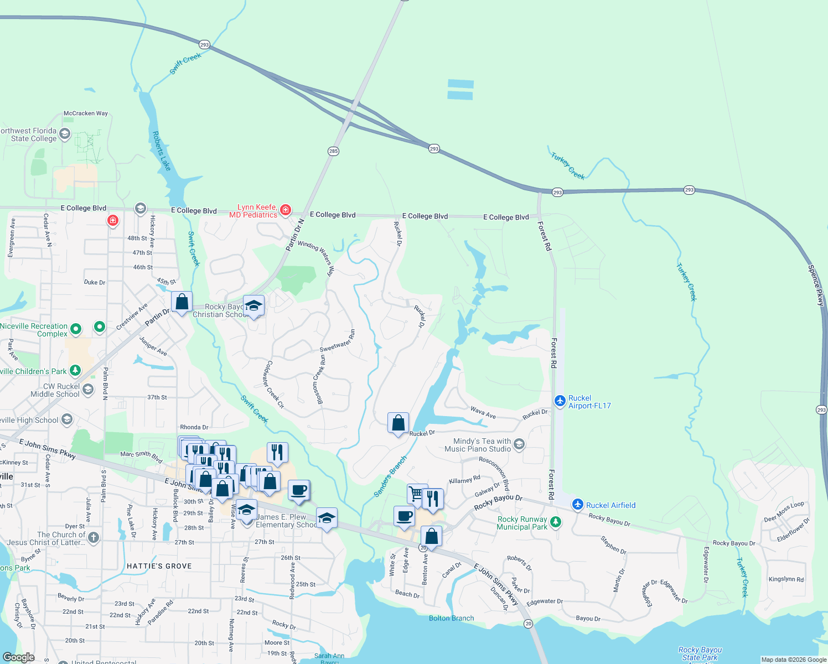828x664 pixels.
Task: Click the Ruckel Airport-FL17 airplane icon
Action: (x=560, y=400)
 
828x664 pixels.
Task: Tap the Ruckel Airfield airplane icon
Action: (x=578, y=504)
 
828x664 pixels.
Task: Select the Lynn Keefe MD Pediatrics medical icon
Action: (x=286, y=210)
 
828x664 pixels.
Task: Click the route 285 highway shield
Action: (x=333, y=151)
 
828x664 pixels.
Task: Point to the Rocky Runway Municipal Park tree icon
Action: (x=556, y=522)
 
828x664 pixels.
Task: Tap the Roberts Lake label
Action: (x=162, y=151)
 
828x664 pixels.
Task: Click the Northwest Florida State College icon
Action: (x=65, y=133)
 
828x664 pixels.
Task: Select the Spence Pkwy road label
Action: (x=816, y=285)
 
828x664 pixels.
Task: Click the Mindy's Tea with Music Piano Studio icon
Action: (x=519, y=444)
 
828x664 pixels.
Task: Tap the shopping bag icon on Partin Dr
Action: (x=182, y=302)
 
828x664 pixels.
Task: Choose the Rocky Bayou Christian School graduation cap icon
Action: (x=253, y=306)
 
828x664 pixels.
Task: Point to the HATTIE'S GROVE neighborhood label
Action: (x=159, y=566)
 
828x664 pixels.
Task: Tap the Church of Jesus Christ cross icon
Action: (x=93, y=537)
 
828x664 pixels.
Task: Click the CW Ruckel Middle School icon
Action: (x=88, y=390)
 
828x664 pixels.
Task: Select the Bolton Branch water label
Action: (x=451, y=618)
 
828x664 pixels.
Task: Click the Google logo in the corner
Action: (x=19, y=657)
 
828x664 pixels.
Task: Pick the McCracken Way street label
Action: (x=86, y=113)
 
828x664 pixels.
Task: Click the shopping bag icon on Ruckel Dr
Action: (x=398, y=423)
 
